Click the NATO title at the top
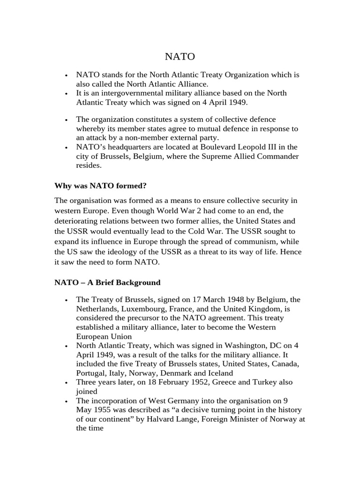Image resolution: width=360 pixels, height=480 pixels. [x=180, y=57]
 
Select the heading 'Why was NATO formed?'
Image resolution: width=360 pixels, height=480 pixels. [x=100, y=186]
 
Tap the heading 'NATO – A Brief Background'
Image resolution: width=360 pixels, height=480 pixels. [x=107, y=283]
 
